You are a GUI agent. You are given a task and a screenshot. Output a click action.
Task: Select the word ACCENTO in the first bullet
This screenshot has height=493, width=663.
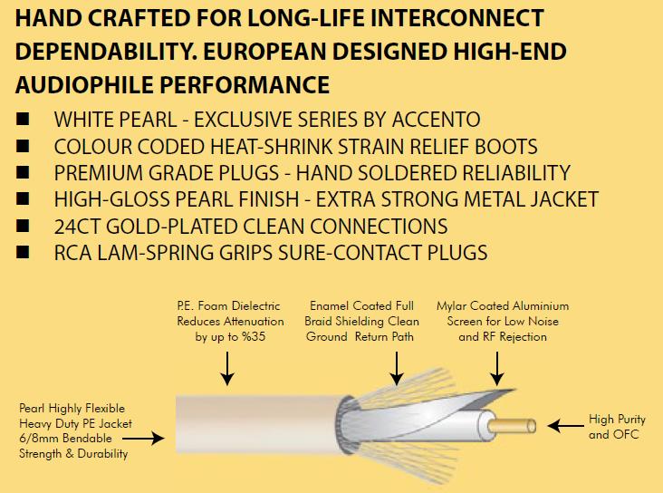(x=436, y=120)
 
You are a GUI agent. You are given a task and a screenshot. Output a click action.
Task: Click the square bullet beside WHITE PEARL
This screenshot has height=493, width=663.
(x=23, y=119)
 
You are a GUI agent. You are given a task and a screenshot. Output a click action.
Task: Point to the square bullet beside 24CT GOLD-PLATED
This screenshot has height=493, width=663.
(x=23, y=226)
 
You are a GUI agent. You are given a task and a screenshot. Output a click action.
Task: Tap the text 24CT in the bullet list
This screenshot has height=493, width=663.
(x=77, y=227)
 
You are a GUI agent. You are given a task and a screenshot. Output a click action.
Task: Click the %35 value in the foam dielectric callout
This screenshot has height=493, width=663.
(x=254, y=337)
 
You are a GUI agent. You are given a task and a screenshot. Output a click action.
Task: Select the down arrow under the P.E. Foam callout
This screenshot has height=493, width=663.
(x=227, y=368)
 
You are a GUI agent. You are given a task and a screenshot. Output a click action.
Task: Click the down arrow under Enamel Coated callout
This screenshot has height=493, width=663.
(x=397, y=368)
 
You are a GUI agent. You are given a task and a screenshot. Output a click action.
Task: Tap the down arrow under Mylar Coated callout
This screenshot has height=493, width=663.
(x=497, y=368)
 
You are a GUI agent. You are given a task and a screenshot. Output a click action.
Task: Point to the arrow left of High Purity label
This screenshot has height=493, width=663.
(x=565, y=426)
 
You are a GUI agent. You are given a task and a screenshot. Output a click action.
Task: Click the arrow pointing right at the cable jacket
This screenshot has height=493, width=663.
(x=143, y=439)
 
